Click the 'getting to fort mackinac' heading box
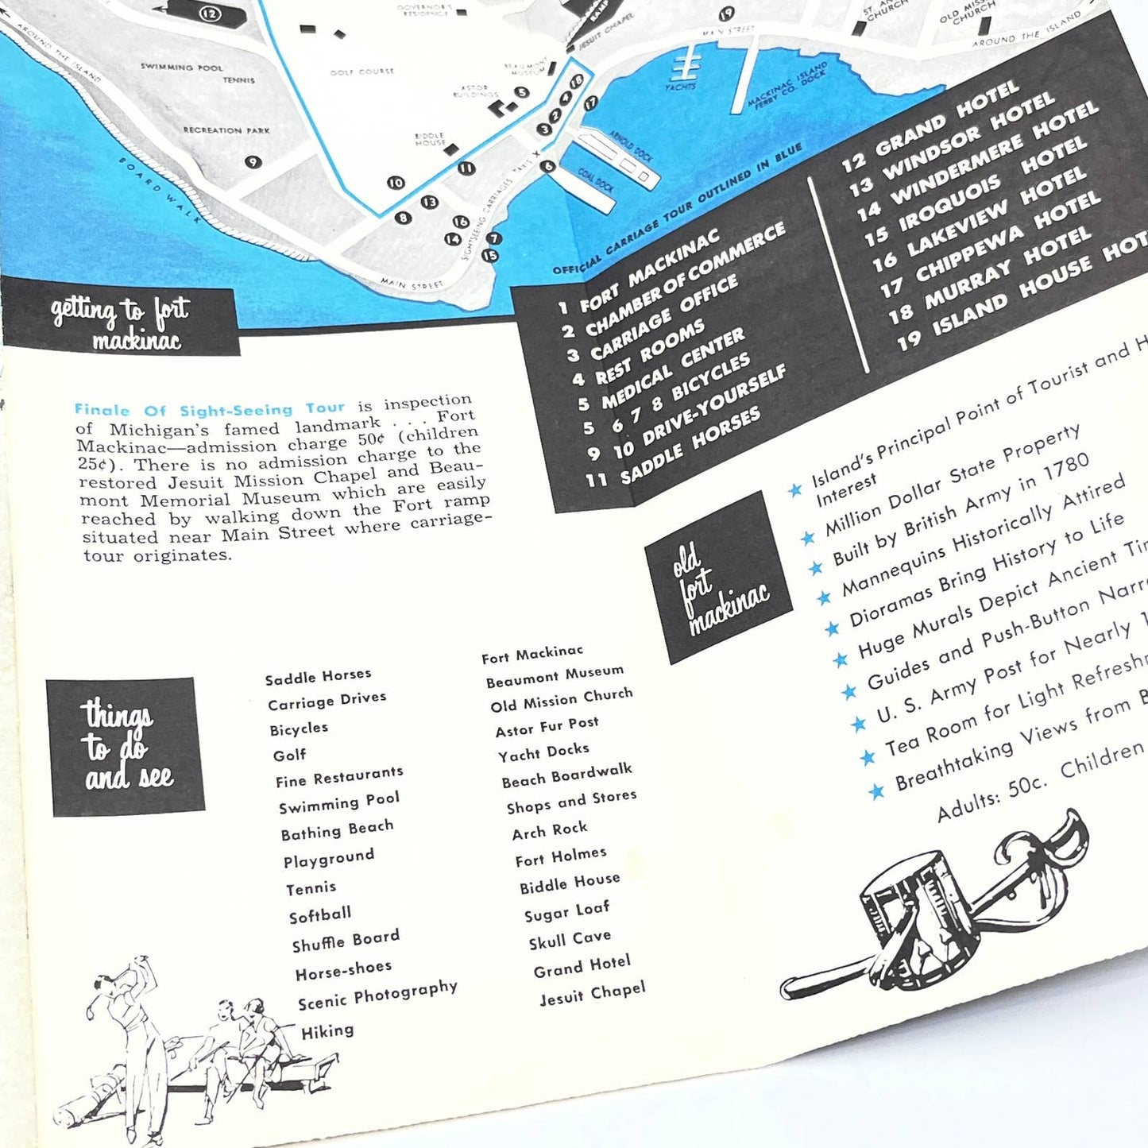click(x=121, y=323)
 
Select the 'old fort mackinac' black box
click(x=719, y=578)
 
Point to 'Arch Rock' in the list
click(x=550, y=831)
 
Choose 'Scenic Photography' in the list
click(x=377, y=996)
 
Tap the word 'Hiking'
click(x=327, y=1031)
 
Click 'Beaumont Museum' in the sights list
click(x=555, y=675)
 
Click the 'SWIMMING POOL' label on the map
click(x=182, y=68)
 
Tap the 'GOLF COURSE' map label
click(x=361, y=72)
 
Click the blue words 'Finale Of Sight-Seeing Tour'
click(x=210, y=409)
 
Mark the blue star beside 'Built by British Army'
click(x=815, y=567)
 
